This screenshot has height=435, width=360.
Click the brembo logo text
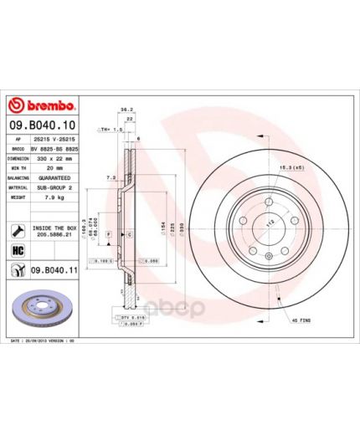click(43, 106)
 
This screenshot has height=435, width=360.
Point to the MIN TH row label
click(18, 167)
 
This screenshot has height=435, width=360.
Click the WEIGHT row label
click(18, 199)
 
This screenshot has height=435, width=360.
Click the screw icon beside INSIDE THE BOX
click(18, 229)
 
